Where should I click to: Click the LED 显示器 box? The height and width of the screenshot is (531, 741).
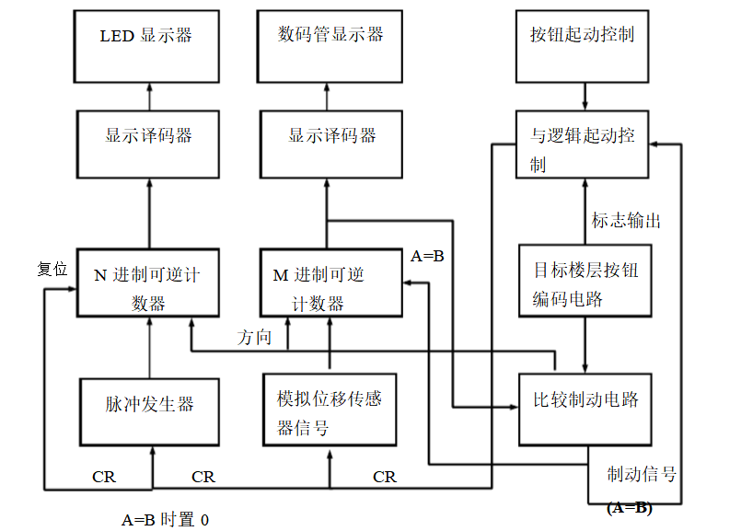pyautogui.click(x=147, y=45)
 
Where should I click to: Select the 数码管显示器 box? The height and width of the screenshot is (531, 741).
pyautogui.click(x=330, y=45)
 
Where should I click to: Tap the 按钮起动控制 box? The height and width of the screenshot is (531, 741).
pyautogui.click(x=583, y=45)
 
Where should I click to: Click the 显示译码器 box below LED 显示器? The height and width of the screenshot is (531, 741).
pyautogui.click(x=147, y=143)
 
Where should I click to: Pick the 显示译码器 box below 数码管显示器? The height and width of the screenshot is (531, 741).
pyautogui.click(x=330, y=143)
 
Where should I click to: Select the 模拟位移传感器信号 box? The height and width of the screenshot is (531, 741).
pyautogui.click(x=330, y=411)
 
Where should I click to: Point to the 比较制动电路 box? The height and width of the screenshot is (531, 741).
pyautogui.click(x=585, y=406)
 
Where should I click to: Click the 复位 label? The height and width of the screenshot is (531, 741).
pyautogui.click(x=52, y=270)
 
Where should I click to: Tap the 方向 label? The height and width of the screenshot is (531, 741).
pyautogui.click(x=255, y=337)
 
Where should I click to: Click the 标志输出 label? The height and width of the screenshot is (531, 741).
pyautogui.click(x=626, y=221)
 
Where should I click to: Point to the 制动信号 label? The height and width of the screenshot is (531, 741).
pyautogui.click(x=642, y=474)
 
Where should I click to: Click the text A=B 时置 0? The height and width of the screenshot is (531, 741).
pyautogui.click(x=166, y=519)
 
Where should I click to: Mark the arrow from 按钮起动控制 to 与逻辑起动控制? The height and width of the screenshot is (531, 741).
pyautogui.click(x=584, y=96)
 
